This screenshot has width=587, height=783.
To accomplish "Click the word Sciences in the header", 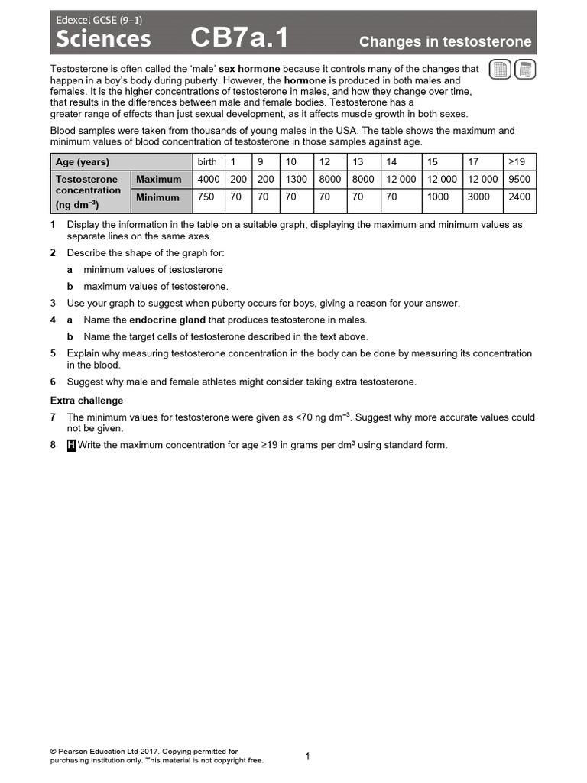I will [x=100, y=39].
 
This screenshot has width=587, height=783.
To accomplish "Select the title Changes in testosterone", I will [x=445, y=42].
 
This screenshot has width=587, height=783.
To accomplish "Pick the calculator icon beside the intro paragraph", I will [x=524, y=70].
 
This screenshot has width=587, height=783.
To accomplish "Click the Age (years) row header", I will [x=83, y=162].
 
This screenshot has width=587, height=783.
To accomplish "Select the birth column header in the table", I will [x=207, y=162].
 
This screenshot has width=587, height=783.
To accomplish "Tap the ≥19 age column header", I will [x=519, y=162].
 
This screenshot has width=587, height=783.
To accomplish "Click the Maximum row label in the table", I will [x=159, y=180].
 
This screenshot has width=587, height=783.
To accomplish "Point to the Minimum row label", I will [x=157, y=197].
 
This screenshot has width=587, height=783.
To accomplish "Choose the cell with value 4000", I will [x=208, y=180].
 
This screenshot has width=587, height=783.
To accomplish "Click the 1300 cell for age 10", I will [x=296, y=180].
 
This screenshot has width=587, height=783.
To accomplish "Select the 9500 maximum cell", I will [x=519, y=180].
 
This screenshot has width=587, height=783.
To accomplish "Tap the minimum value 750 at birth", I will [x=206, y=197].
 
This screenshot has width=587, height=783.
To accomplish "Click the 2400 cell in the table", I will [x=519, y=197].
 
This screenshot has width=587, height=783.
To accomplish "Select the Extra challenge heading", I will [x=86, y=401].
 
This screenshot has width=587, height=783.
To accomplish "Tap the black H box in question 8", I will [x=71, y=446].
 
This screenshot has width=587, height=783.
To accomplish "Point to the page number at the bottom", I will [x=307, y=757].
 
